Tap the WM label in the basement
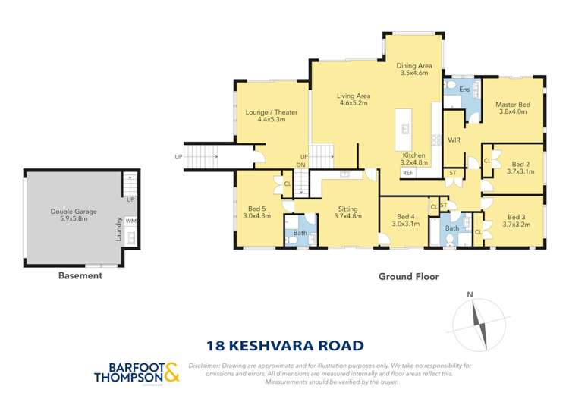[130, 221]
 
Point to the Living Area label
[353, 99]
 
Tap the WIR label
[454, 140]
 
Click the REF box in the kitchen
[407, 173]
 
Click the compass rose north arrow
[478, 322]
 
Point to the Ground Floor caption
[408, 277]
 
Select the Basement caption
[80, 276]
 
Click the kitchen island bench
[405, 129]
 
